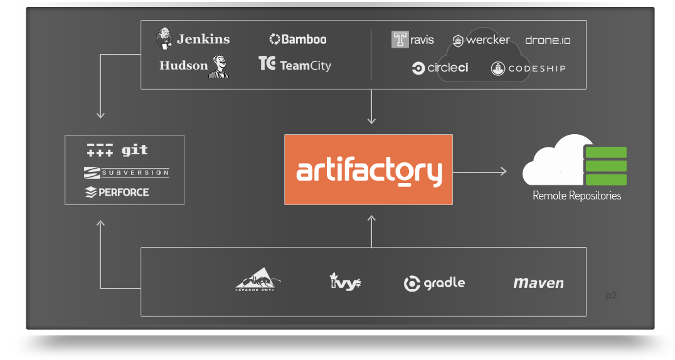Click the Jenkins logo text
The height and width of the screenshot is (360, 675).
pos(203,39)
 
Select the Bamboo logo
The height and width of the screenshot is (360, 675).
pos(298,40)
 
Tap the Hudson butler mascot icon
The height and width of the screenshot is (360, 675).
pos(220,66)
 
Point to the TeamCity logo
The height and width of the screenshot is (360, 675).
pos(295,65)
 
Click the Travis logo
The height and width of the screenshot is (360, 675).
pos(413,40)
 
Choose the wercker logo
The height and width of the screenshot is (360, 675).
pos(481,40)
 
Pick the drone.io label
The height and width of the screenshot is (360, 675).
pos(548,40)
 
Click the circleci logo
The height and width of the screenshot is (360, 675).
pos(440,68)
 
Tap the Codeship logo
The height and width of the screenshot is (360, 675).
pos(528,68)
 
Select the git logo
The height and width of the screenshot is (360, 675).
pos(118,151)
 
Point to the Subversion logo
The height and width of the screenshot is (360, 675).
pos(126,172)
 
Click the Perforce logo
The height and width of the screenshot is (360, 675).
pos(117,192)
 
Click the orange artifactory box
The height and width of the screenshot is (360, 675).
pos(368,169)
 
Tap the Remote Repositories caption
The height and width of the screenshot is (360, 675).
pos(577,196)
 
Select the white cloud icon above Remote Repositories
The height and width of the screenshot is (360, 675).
pos(553,161)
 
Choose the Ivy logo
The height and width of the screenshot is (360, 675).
pos(345,282)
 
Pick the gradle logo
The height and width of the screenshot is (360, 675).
pos(434,283)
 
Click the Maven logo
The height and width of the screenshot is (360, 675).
pos(538,283)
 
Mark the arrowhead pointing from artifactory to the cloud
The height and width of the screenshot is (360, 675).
pos(503,171)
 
